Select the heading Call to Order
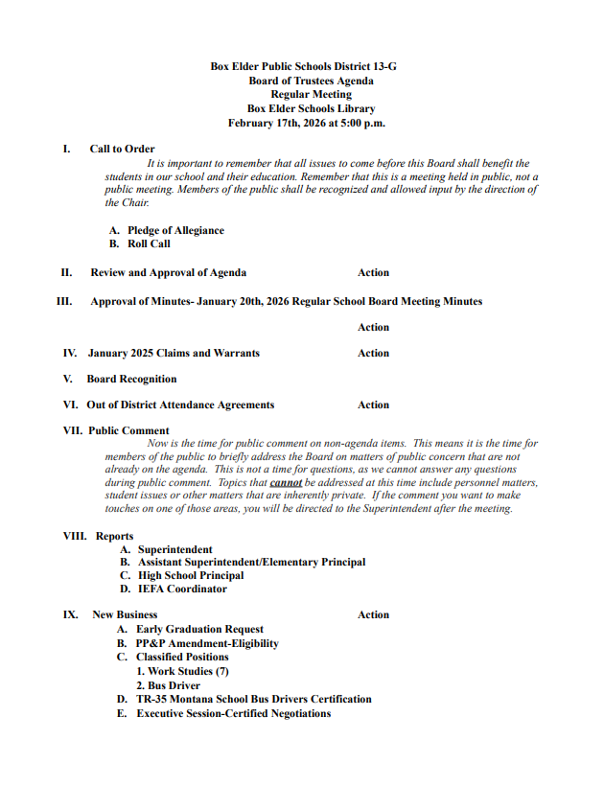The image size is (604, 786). click(122, 149)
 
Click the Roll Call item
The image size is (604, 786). click(149, 243)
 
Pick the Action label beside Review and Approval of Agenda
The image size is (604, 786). click(373, 272)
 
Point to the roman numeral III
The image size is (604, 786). click(65, 301)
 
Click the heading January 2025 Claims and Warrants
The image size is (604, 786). click(174, 353)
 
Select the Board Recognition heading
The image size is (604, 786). click(131, 379)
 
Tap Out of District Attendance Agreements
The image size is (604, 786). click(180, 405)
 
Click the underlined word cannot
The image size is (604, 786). click(286, 483)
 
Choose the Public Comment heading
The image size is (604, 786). click(128, 430)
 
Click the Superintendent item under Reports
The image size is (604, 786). click(175, 549)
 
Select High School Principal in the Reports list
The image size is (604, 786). click(191, 575)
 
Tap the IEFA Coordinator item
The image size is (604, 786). click(182, 589)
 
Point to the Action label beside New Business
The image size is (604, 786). click(373, 614)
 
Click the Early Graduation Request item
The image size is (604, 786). click(199, 630)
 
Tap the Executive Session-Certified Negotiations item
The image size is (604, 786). click(233, 713)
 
